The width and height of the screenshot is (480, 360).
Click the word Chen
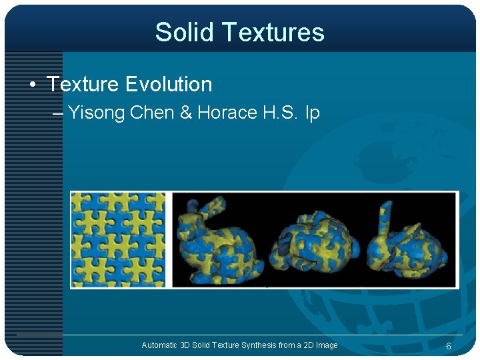[152, 113]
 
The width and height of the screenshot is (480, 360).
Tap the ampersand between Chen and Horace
[186, 113]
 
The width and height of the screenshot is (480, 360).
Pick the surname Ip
[312, 113]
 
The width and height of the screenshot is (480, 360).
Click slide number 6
[449, 346]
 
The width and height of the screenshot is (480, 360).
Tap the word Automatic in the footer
[159, 345]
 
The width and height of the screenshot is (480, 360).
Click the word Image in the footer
[327, 345]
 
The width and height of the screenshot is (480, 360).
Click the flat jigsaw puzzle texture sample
[118, 239]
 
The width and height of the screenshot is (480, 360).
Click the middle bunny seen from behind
[316, 240]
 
